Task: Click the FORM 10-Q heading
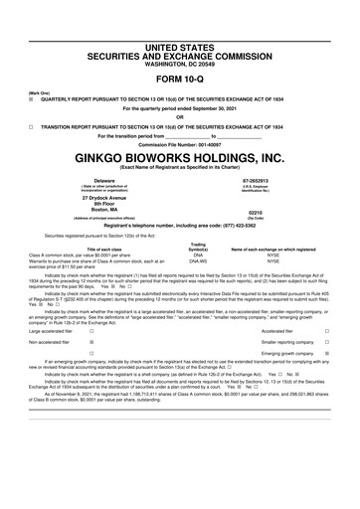click(180, 52)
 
